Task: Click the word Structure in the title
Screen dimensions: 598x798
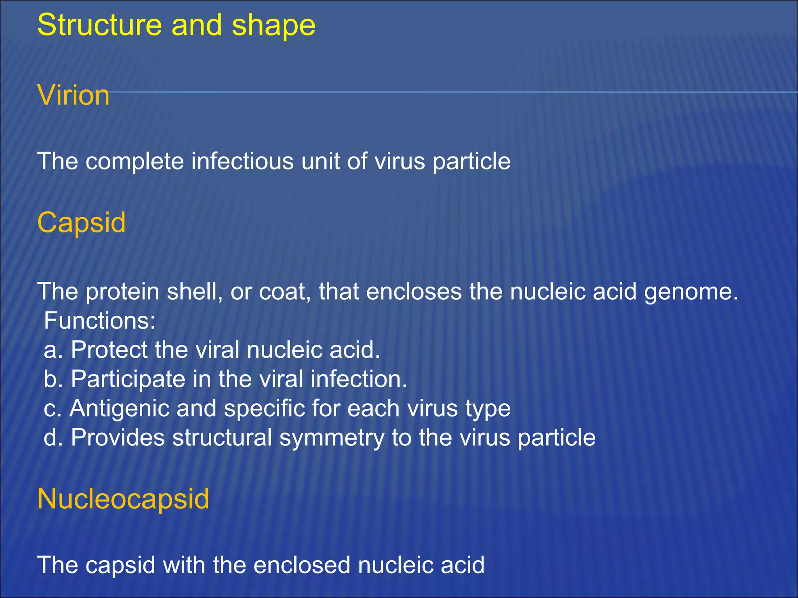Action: point(99,25)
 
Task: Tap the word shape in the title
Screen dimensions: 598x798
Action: point(273,25)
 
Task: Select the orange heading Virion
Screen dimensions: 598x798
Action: point(73,95)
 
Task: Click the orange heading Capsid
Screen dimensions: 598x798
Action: point(81,223)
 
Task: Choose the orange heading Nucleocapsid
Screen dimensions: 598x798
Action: point(123,499)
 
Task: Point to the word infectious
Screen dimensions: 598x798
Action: point(242,161)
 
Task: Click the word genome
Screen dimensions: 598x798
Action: point(691,292)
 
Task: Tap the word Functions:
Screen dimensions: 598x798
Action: point(100,320)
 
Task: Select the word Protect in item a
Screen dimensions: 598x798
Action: point(109,350)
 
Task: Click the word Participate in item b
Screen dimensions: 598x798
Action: point(128,379)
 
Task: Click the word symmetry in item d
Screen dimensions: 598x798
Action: point(332,438)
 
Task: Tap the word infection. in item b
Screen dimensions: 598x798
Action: point(358,379)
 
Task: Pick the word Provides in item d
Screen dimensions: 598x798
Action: point(118,438)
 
